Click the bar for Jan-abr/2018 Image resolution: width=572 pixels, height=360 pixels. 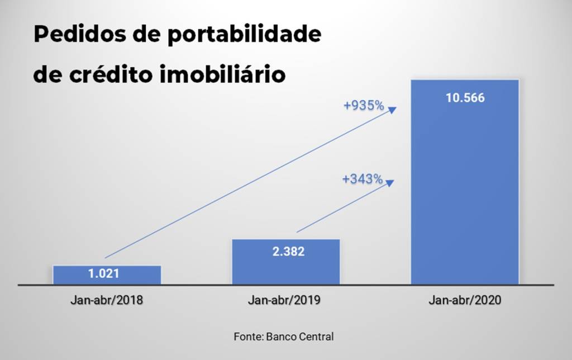107,274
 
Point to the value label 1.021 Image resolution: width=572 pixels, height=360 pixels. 107,274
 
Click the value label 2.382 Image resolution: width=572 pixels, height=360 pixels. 285,252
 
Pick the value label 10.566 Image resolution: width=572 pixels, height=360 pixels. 465,98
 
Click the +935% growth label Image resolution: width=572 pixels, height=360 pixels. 364,105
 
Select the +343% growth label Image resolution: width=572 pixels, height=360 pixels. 363,179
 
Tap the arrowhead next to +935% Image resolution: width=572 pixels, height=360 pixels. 392,109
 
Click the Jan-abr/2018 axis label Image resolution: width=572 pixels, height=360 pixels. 107,300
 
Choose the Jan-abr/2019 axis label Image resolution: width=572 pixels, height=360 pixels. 285,300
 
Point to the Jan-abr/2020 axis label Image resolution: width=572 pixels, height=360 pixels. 465,300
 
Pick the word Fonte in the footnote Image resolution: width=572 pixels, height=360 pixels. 248,337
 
